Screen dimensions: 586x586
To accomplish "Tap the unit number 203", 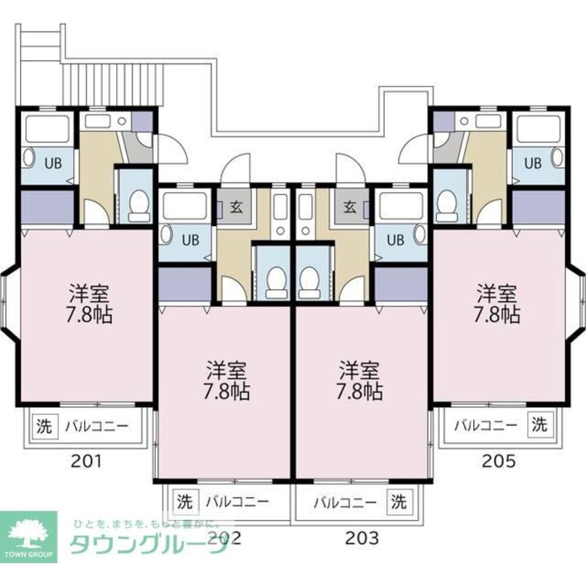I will coord(362,536).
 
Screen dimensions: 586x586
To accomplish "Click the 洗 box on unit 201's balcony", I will coord(45,426).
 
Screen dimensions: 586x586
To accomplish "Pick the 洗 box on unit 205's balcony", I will coord(539,424).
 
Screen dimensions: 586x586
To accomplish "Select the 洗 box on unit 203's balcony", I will coord(398,502).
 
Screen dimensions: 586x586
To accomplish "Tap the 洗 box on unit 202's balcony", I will coord(185,502).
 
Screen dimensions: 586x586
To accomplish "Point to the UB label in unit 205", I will coord(532,163).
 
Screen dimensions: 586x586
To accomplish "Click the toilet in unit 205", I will coord(447,205).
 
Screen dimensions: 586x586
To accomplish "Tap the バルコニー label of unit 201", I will coord(95,427).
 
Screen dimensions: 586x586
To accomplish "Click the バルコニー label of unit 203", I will coord(344,502).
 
